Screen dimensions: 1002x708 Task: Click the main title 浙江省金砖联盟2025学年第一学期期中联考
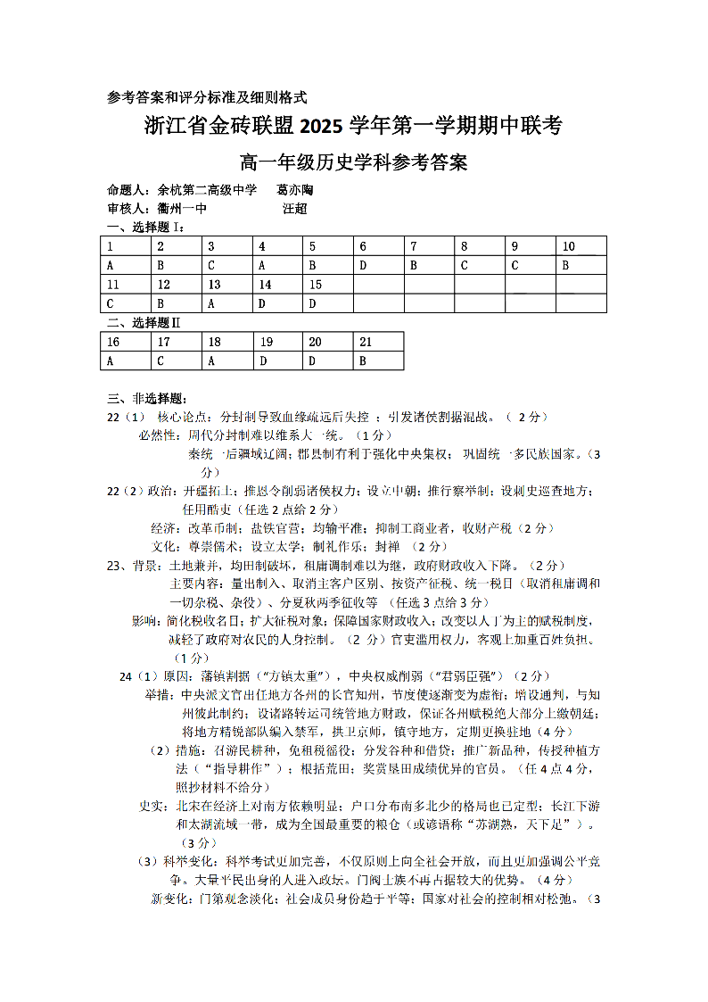click(353, 127)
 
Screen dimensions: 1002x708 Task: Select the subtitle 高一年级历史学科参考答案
click(353, 163)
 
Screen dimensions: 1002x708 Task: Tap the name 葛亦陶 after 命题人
click(295, 191)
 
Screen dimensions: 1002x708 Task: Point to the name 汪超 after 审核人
click(295, 209)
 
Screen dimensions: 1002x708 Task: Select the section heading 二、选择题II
click(144, 322)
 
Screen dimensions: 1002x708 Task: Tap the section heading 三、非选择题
click(147, 398)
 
